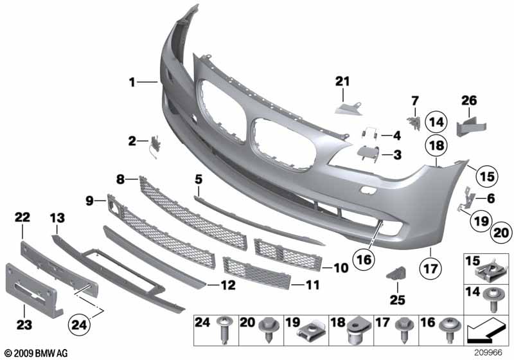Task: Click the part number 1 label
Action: [x=132, y=82]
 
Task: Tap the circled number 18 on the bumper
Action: [x=436, y=146]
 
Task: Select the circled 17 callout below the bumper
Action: [x=429, y=264]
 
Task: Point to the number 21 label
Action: [x=342, y=81]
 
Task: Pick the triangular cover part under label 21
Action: [x=348, y=104]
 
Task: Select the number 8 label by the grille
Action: [x=121, y=179]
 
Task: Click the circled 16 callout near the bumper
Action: [x=363, y=259]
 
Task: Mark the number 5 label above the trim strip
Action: [x=199, y=178]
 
